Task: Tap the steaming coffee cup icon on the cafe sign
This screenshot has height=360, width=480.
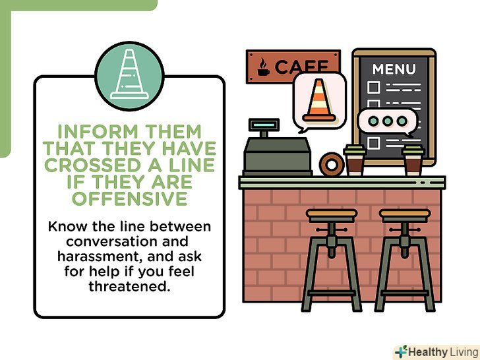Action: pos(263,67)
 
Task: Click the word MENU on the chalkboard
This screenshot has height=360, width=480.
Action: pos(394,69)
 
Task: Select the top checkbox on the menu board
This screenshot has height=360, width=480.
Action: pos(373,87)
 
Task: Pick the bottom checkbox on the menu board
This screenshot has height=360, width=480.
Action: pos(373,143)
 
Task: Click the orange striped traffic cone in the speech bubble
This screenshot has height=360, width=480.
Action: pos(319,100)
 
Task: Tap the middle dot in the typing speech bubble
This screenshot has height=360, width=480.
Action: pos(387,121)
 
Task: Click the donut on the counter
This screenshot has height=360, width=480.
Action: pos(332,164)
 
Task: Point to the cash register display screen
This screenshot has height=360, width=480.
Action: pos(264,125)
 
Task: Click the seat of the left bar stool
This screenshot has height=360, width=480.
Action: pos(332,214)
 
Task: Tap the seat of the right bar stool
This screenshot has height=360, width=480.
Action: pos(405,214)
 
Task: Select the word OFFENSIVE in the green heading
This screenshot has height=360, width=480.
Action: pos(129,198)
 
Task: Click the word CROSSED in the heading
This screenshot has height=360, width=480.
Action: pos(92,165)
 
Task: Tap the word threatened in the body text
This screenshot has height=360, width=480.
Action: pos(129,286)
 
